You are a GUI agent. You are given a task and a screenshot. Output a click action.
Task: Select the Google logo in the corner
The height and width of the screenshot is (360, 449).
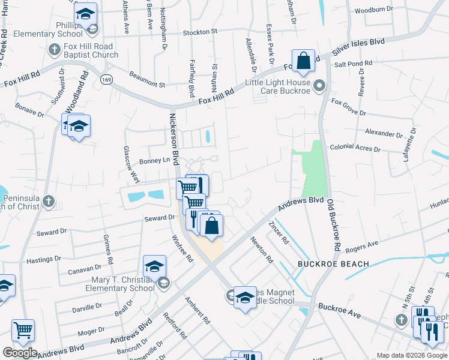tap(20, 353)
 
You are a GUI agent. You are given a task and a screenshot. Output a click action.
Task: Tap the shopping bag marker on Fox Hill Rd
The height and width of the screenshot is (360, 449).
tap(304, 60)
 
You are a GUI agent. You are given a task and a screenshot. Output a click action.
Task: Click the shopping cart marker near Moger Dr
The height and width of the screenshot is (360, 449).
tap(23, 329)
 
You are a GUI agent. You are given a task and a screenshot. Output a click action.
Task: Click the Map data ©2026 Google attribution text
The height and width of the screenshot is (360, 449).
tap(412, 355)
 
